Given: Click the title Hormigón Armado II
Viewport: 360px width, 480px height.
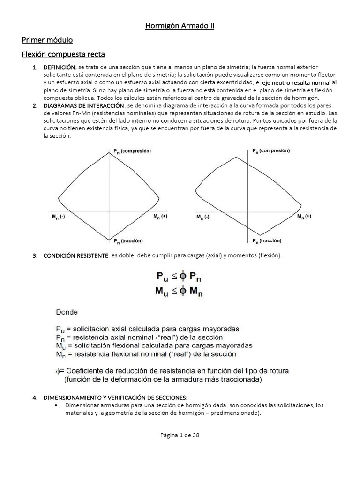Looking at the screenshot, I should pos(180,26).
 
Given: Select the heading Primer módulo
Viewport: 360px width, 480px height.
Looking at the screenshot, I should pos(47,40).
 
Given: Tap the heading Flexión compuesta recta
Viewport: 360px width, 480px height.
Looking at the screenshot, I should pos(63,55).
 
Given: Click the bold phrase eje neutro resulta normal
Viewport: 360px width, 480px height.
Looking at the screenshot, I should pos(296,83).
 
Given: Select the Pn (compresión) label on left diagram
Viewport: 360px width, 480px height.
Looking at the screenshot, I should pos(132,151).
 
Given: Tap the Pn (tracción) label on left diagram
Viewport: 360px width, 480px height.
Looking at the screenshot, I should pos(129,240).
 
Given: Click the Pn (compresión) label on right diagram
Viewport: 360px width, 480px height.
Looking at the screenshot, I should pos(271,151).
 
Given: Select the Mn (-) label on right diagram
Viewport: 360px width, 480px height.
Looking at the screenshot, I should pos(202,217).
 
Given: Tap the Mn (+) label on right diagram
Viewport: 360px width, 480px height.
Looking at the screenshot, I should pos(304,217).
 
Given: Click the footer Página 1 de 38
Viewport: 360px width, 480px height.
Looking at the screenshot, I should pos(180,435).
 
